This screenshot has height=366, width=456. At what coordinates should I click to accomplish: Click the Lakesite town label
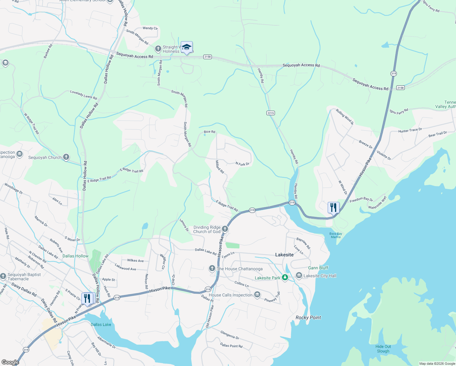pyautogui.click(x=284, y=255)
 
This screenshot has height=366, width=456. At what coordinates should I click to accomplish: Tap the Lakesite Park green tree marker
pyautogui.click(x=285, y=278)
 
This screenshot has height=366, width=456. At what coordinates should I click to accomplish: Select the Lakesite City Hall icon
pyautogui.click(x=299, y=276)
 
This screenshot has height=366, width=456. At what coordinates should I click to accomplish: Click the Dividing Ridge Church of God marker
pyautogui.click(x=225, y=229)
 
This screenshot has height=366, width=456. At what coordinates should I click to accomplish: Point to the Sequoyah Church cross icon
pyautogui.click(x=66, y=157)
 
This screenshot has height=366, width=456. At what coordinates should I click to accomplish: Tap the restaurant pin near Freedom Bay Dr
pyautogui.click(x=333, y=208)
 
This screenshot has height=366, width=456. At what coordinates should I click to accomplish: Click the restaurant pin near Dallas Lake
pyautogui.click(x=87, y=299)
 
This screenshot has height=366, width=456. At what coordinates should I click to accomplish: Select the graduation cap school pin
pyautogui.click(x=187, y=47)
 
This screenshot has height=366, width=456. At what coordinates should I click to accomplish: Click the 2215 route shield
pyautogui.click(x=270, y=113)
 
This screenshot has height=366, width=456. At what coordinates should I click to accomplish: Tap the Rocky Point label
pyautogui.click(x=308, y=318)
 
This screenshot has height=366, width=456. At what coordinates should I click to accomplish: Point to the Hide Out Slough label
pyautogui.click(x=383, y=349)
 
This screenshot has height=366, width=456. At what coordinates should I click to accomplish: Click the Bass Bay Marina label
pyautogui.click(x=336, y=235)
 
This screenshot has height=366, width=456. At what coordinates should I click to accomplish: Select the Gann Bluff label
pyautogui.click(x=318, y=268)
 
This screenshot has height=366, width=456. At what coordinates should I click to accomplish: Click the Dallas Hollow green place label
pyautogui.click(x=75, y=256)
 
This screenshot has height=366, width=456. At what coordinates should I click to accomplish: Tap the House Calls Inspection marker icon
pyautogui.click(x=257, y=295)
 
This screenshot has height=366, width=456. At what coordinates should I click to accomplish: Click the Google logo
pyautogui.click(x=10, y=362)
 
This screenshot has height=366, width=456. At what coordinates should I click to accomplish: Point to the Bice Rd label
pyautogui.click(x=209, y=132)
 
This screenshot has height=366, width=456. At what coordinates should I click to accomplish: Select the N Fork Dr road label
pyautogui.click(x=242, y=164)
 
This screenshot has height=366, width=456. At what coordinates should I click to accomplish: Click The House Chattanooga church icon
pyautogui.click(x=212, y=268)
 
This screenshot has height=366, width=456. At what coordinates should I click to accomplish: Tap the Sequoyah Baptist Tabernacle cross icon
pyautogui.click(x=3, y=276)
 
